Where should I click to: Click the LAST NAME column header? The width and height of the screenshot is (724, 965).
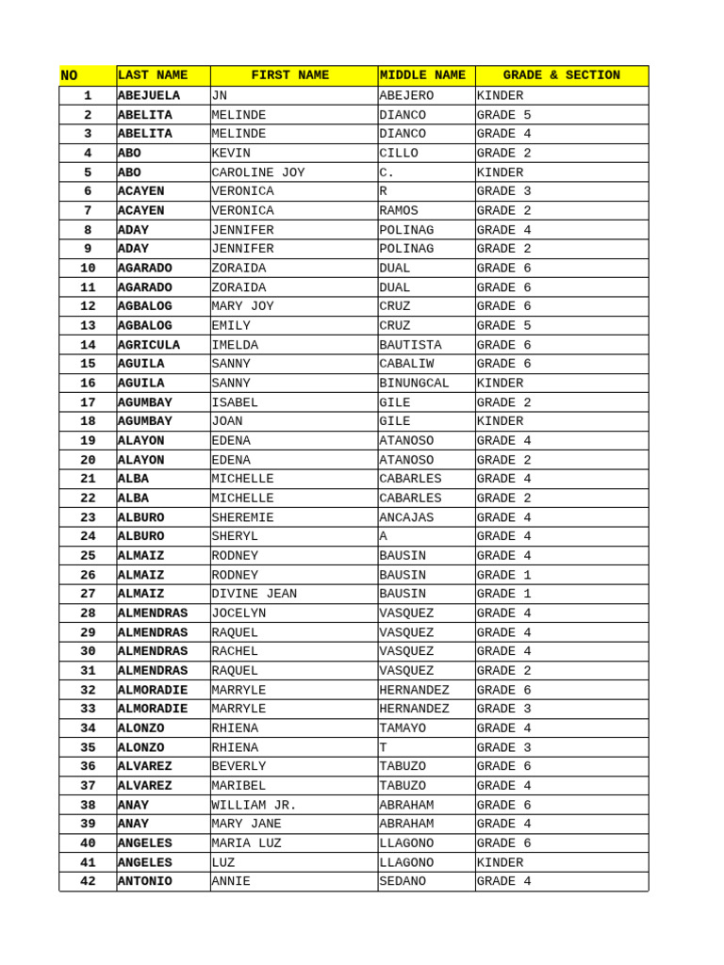coord(152,75)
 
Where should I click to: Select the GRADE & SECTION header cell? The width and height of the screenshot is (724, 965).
coord(561,75)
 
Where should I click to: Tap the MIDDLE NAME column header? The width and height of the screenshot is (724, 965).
coord(422,75)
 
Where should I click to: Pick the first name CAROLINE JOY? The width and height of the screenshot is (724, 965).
coord(258,172)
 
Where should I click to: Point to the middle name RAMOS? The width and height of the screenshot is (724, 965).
coord(399,211)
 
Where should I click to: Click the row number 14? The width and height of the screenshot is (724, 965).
coord(88,345)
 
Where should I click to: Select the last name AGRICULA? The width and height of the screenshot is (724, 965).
coord(149,345)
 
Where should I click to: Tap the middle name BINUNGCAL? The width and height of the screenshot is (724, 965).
coord(414,384)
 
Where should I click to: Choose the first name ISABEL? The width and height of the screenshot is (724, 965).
coord(235,402)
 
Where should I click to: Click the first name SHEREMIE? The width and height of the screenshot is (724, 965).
coord(242,517)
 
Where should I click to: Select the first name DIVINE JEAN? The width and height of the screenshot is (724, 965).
coord(255,594)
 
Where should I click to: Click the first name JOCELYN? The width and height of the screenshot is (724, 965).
coord(239,613)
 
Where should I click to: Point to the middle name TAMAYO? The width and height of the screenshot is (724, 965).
coord(403,728)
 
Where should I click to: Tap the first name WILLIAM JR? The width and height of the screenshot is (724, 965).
coord(255,805)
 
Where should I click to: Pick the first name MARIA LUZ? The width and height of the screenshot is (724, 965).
coord(246,843)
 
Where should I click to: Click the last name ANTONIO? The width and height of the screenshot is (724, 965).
coord(145,881)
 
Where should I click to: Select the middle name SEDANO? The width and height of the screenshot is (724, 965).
coord(403,881)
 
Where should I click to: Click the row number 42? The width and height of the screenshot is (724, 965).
coord(88,881)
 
